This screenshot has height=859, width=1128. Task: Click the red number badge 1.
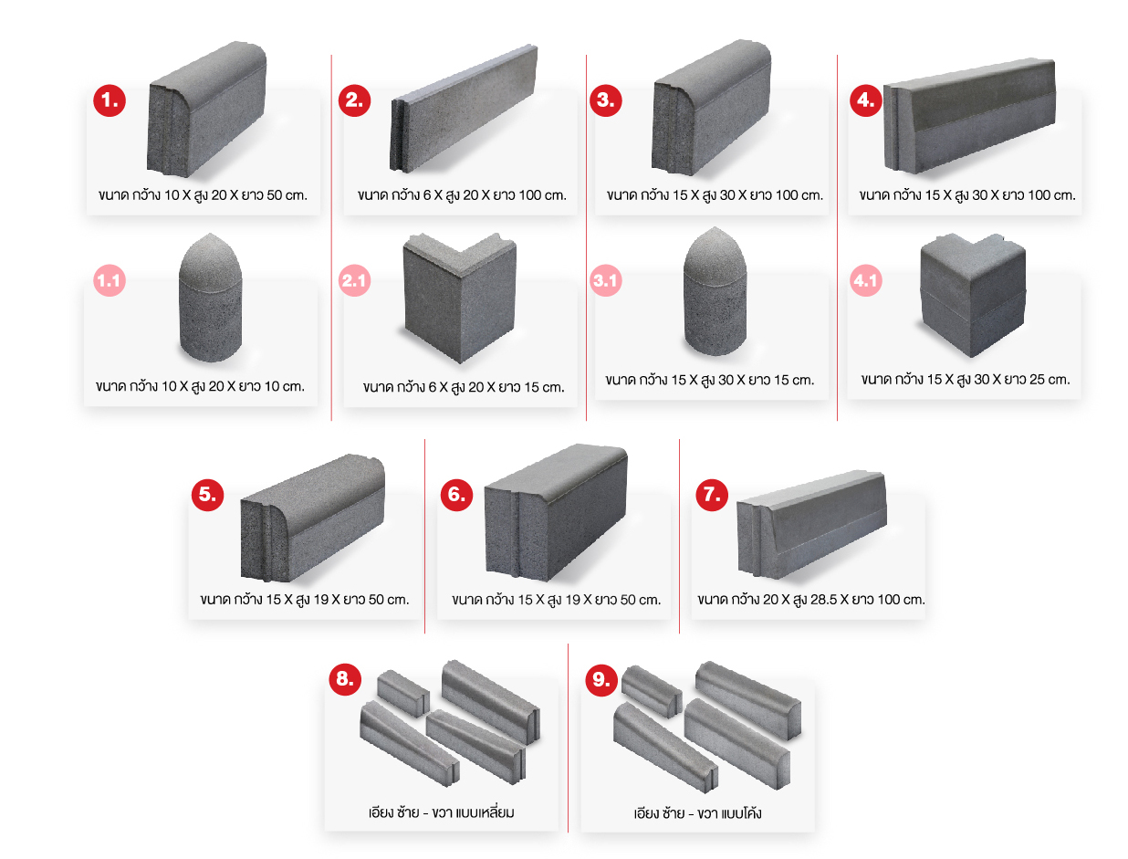coord(110,100)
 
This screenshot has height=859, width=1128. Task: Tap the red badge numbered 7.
coord(712,494)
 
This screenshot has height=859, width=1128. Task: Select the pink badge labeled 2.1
coord(355,280)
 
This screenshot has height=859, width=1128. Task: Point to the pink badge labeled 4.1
coord(866,280)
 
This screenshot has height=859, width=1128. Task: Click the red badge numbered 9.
coord(601,679)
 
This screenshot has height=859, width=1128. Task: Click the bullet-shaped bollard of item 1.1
coord(210,298)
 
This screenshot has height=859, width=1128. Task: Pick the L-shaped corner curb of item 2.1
coord(459,298)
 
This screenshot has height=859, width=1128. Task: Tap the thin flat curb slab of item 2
coord(464,108)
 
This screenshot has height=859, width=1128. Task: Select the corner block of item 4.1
coord(972,295)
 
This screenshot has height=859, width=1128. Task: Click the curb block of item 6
coord(556,512)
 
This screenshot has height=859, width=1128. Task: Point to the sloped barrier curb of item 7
coord(811,524)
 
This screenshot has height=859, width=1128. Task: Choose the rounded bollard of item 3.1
coord(715,291)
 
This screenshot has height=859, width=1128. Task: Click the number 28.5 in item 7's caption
coord(824,600)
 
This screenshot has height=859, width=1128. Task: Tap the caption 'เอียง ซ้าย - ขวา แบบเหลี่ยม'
coord(441,812)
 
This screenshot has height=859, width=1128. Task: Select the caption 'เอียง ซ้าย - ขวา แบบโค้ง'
coord(697,812)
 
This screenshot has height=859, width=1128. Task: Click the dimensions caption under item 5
coord(304,600)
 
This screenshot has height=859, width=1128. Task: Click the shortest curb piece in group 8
coord(402,694)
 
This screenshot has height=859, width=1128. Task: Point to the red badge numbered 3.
coord(605,100)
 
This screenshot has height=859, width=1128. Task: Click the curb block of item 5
coord(312,518)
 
